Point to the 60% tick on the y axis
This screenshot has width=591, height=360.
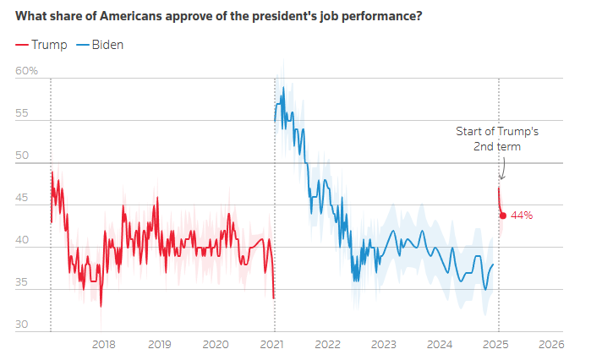(27, 71)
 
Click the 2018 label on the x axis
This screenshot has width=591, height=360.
(103, 344)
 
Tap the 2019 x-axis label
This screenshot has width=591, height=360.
(160, 344)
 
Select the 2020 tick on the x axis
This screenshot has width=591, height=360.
(216, 344)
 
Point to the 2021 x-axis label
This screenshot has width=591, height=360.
(272, 344)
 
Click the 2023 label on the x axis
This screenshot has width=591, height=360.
(383, 344)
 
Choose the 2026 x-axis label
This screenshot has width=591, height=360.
(551, 344)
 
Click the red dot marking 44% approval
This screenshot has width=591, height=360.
(503, 215)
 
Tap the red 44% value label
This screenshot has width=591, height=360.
(522, 215)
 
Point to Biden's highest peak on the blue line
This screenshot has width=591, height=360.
(283, 87)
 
